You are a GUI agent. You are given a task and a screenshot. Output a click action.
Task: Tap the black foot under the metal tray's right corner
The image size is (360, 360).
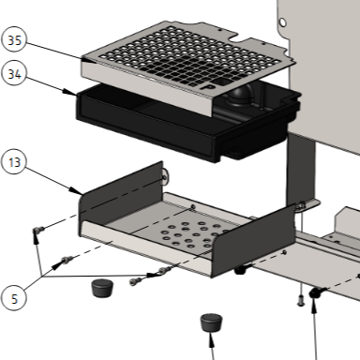tap(240, 271)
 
